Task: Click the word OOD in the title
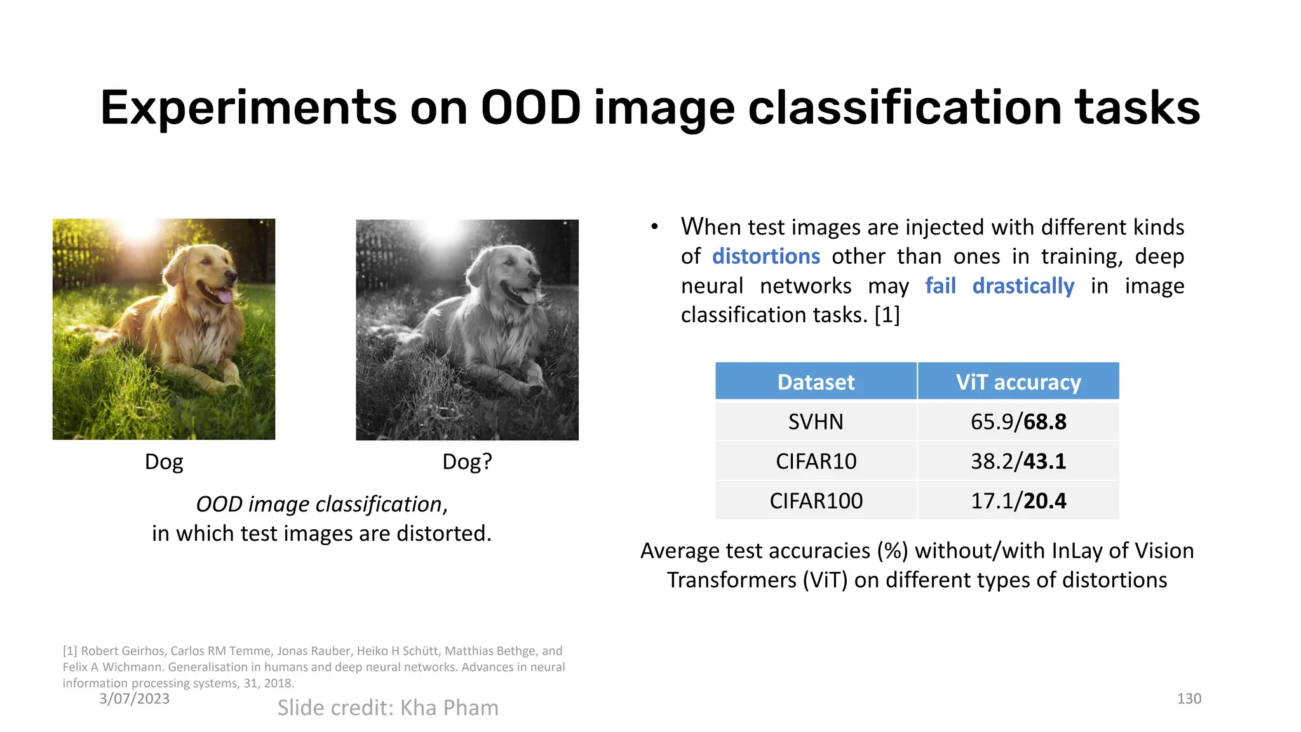point(530,107)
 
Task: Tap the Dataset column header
point(816,382)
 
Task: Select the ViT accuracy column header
point(1018,382)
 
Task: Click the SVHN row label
point(816,422)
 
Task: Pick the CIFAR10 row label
point(816,461)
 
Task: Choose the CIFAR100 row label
point(816,501)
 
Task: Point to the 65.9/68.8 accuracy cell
point(1018,422)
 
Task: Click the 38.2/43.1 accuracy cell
point(1018,461)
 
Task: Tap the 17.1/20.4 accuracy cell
point(1018,501)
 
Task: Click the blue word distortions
point(765,256)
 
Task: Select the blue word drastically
point(1023,286)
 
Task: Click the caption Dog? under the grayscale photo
point(467,461)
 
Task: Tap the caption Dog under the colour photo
point(164,461)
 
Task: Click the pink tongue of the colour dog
point(224,296)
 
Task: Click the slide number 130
point(1189,699)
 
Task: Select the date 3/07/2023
point(134,699)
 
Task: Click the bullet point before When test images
point(654,227)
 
